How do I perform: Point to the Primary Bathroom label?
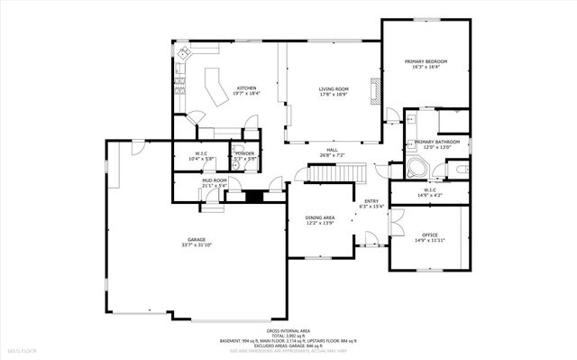point(437,143)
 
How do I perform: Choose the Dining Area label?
point(320,218)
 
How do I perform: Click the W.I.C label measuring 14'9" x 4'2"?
point(430,192)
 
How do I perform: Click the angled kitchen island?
point(215,88)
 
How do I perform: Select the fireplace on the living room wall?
point(379,90)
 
